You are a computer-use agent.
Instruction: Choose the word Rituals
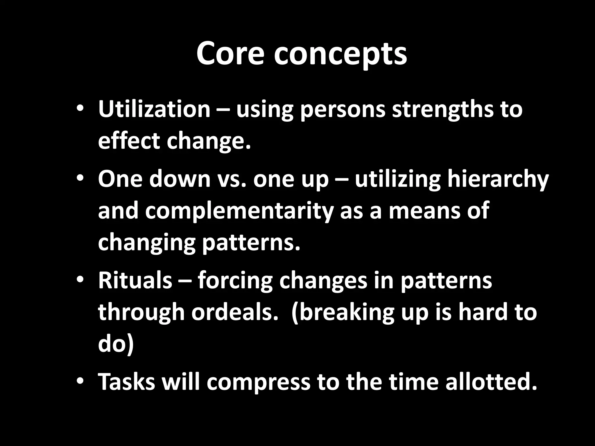click(x=135, y=281)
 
